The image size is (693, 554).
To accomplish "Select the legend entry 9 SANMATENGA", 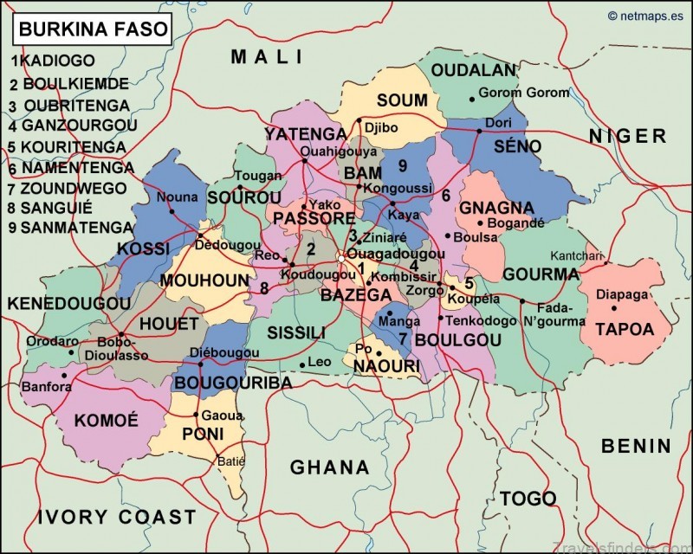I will coord(73,229).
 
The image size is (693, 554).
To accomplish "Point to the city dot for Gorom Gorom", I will coord(471,93).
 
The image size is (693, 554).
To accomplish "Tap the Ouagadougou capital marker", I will coord(342,257).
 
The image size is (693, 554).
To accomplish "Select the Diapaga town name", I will coord(622,294).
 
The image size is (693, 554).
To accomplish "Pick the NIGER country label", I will coord(628,136).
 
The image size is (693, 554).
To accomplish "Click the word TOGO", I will coord(528,499).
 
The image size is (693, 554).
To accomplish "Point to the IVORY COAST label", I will coord(117,517).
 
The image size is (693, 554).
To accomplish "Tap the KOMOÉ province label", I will coord(107,421).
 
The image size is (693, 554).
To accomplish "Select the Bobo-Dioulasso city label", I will coord(116,348).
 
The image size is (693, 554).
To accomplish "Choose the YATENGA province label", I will coord(305,133).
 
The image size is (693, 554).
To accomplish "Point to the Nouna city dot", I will coord(172,210).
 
